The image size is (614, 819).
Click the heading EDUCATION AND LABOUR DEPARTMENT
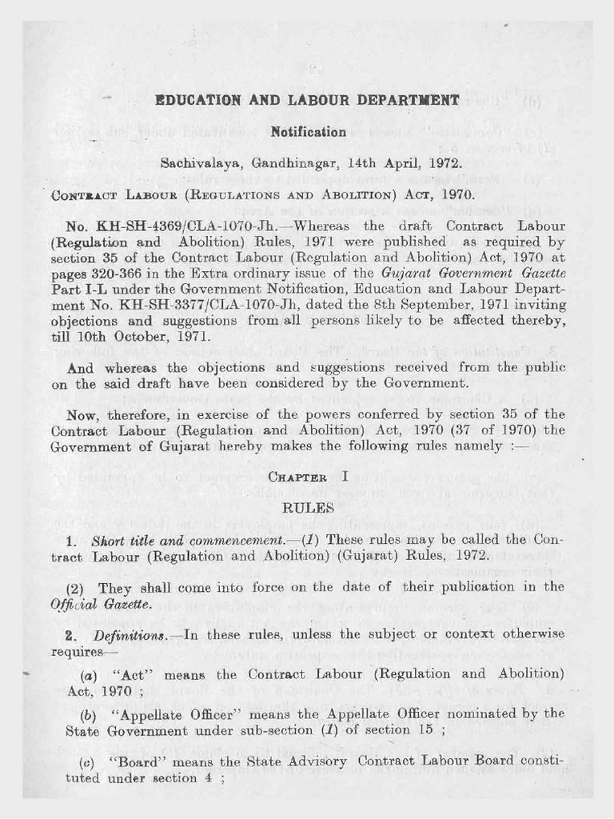point(307,101)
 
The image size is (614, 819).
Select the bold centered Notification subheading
point(308,131)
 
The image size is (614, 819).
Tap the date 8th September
point(433,305)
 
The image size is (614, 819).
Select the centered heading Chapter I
point(308,477)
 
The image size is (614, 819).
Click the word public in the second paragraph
point(545,367)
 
